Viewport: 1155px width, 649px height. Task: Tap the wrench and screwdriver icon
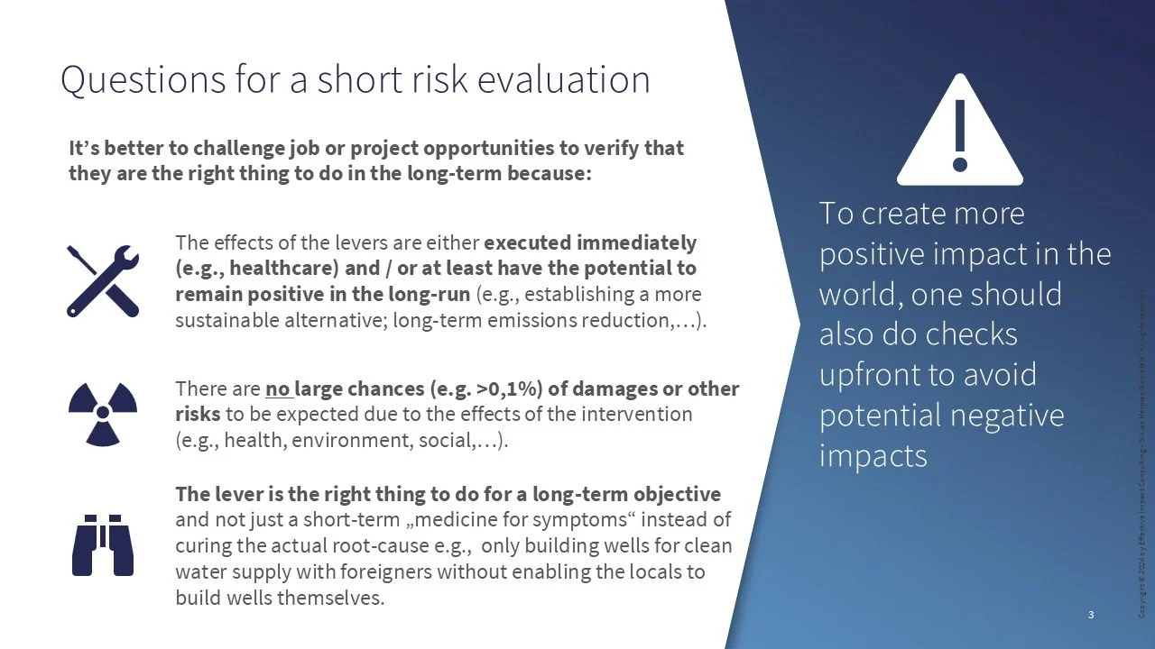click(103, 280)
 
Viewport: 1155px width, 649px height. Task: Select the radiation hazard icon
click(103, 413)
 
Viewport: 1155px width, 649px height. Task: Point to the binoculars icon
click(103, 545)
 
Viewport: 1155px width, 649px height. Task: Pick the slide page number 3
click(1091, 615)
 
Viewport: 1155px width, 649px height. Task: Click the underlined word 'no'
click(275, 389)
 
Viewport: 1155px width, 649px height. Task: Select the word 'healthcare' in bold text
click(255, 269)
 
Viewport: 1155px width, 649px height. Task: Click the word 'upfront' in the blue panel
click(869, 374)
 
